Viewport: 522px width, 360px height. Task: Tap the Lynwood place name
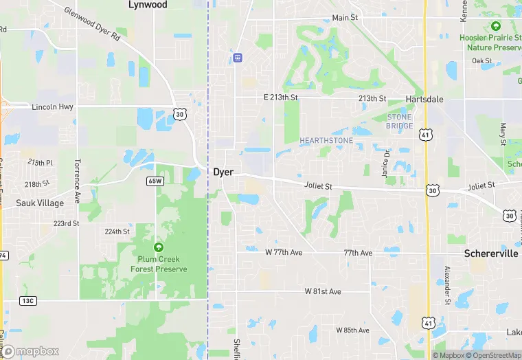pos(148,5)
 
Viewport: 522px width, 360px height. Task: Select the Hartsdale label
pos(424,100)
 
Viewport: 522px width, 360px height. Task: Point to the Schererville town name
pos(490,254)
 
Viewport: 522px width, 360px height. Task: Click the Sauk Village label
pos(40,203)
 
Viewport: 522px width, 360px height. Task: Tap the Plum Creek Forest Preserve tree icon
pos(159,247)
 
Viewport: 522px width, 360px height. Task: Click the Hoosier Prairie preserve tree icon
pos(496,26)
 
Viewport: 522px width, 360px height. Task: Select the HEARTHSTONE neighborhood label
pos(326,141)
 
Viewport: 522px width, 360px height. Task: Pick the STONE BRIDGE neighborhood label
pos(400,122)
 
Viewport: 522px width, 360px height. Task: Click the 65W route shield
pos(155,181)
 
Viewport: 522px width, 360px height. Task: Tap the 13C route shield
pos(28,300)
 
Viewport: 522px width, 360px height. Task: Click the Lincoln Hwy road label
pos(52,107)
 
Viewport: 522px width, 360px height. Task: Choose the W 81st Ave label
pos(323,292)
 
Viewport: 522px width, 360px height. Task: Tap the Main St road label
pos(345,17)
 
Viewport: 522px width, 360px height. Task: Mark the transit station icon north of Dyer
pos(238,58)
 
